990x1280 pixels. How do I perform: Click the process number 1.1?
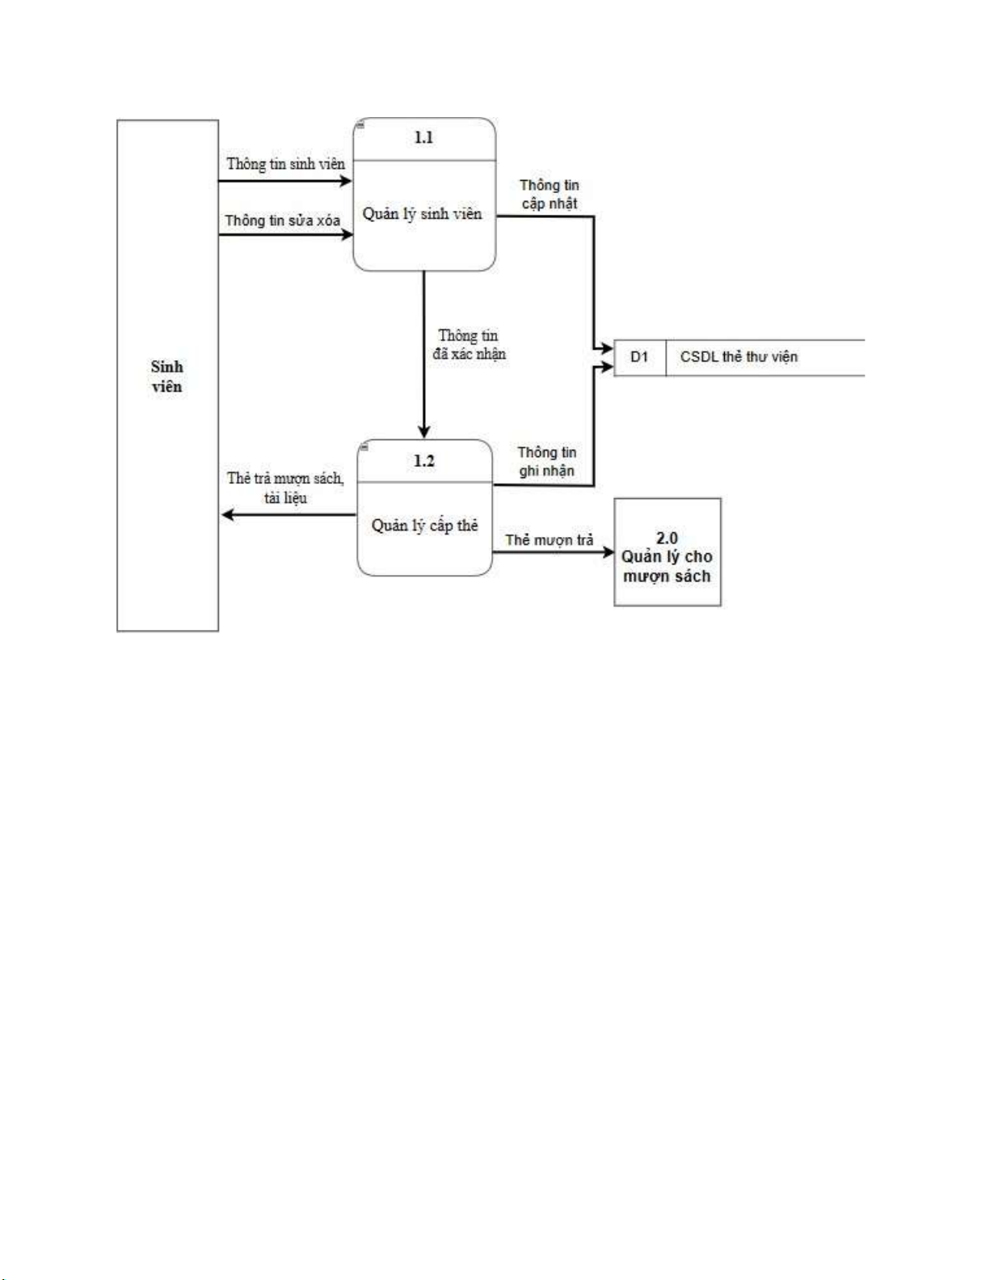[423, 138]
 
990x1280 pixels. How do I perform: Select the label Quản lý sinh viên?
[422, 214]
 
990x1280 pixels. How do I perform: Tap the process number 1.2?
[424, 461]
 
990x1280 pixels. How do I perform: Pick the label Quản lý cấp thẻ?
[424, 526]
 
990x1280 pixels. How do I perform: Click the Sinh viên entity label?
[167, 376]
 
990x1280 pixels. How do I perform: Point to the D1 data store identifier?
[639, 357]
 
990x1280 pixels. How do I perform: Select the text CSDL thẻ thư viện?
[739, 357]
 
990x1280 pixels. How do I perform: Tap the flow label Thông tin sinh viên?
[285, 164]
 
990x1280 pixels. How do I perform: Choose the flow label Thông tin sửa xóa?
[282, 220]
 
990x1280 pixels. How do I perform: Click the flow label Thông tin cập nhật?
[550, 195]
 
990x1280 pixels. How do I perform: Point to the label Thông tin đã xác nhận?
[469, 345]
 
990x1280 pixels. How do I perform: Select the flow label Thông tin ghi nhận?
[547, 461]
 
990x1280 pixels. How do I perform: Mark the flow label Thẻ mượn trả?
[550, 539]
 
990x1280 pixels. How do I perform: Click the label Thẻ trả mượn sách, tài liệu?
[285, 488]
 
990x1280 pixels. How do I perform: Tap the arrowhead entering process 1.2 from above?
[424, 432]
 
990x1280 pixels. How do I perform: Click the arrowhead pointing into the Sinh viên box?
[227, 514]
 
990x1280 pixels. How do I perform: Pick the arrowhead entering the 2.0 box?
[608, 553]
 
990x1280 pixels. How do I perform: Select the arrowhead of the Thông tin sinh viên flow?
[346, 181]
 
